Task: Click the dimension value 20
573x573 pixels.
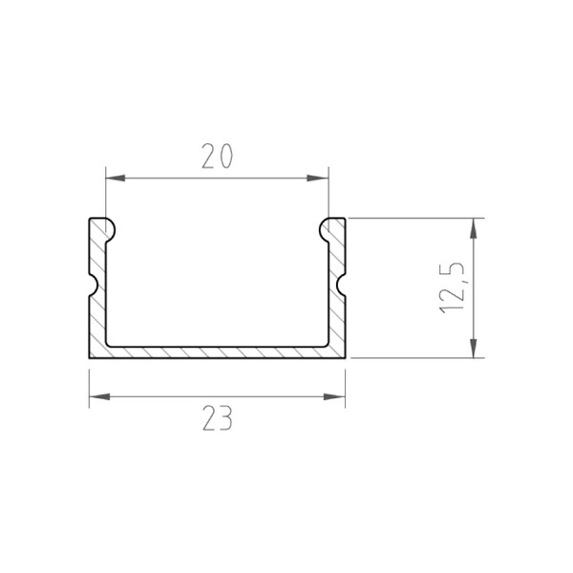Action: (217, 156)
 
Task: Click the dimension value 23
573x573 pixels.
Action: (217, 417)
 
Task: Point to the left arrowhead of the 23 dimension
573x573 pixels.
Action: (95, 394)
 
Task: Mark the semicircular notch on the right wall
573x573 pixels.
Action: (341, 285)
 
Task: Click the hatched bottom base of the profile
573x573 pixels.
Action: (217, 351)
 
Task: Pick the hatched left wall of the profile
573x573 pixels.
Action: (96, 315)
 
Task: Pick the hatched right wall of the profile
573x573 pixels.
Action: (336, 315)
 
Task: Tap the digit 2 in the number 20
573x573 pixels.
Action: (207, 156)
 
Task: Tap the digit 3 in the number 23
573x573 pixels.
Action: (226, 417)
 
